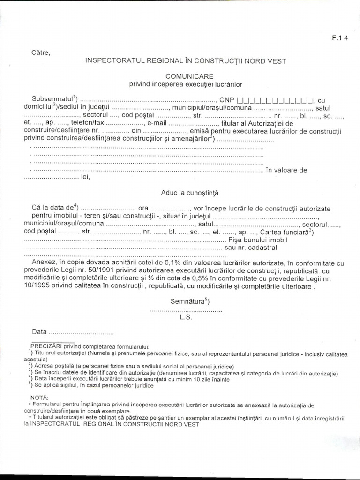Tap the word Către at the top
coord(41,52)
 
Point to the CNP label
coord(227,99)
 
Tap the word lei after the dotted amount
coord(85,177)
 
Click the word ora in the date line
coord(143,208)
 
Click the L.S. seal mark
coord(186,317)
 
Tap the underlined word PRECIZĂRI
coord(45,346)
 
